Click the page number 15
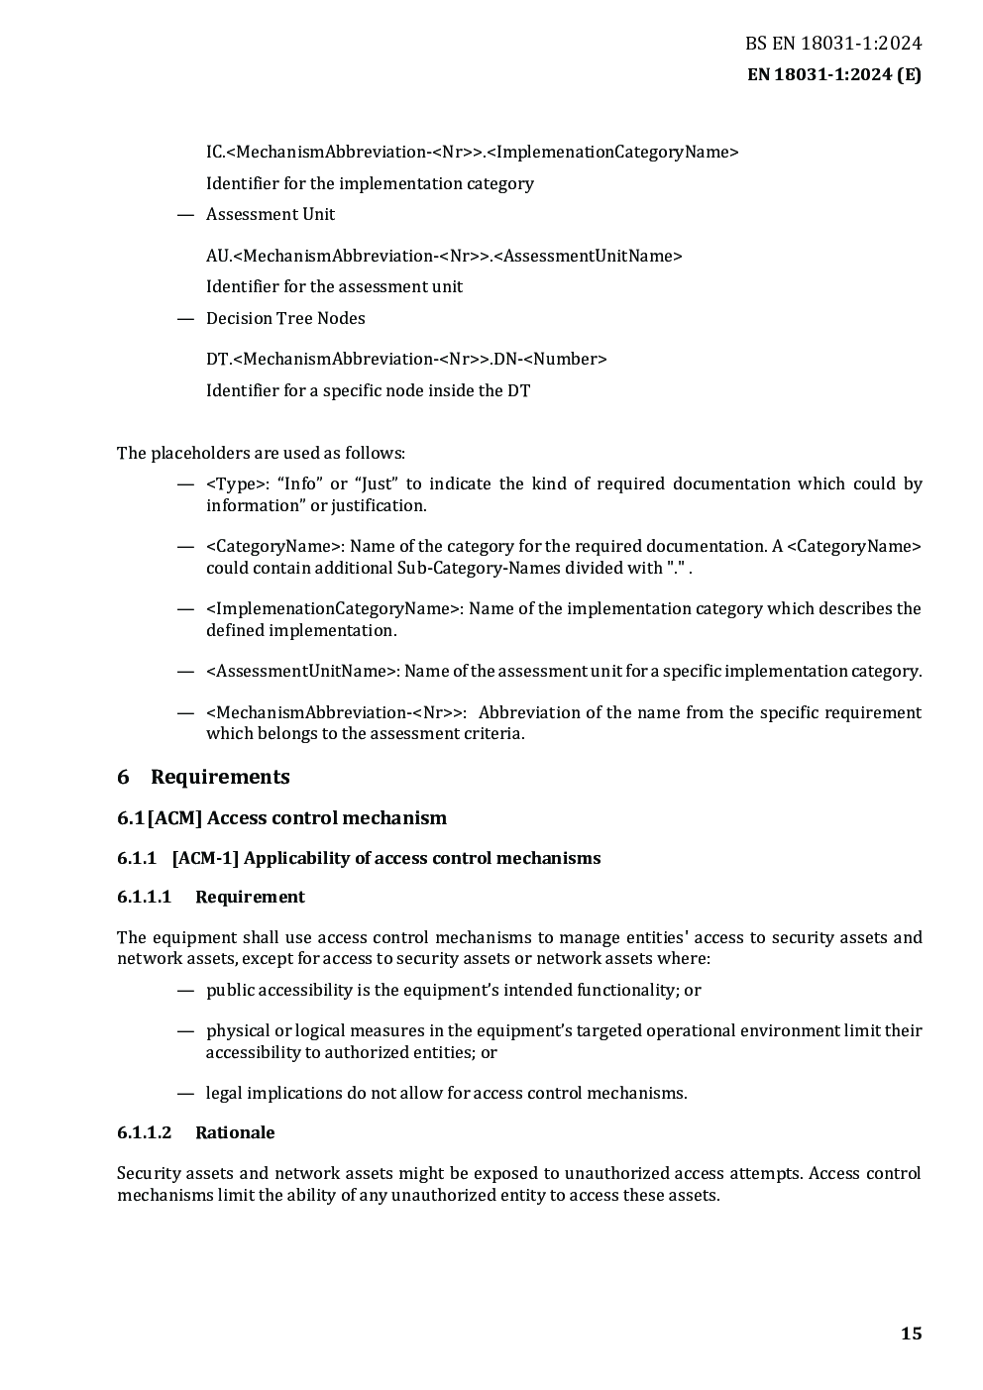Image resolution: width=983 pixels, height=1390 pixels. click(911, 1334)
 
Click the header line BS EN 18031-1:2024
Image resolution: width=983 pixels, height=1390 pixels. click(832, 44)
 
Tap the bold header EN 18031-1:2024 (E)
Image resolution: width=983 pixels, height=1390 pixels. click(832, 74)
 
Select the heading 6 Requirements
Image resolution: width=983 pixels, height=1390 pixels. click(203, 777)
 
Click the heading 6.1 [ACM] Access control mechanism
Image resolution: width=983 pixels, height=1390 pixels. click(281, 818)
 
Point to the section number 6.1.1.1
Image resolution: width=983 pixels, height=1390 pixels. click(144, 897)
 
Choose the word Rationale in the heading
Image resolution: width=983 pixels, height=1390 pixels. click(235, 1132)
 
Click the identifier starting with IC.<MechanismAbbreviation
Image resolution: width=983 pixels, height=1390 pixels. click(472, 152)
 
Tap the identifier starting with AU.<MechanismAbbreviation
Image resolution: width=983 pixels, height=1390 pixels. click(444, 256)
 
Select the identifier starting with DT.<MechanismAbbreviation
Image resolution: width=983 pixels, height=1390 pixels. click(406, 359)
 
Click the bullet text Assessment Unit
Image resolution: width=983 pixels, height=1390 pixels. click(271, 214)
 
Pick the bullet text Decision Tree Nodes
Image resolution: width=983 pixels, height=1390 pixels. click(285, 318)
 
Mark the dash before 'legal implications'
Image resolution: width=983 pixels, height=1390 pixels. click(184, 1093)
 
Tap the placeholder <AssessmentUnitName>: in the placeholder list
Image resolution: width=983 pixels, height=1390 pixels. click(303, 671)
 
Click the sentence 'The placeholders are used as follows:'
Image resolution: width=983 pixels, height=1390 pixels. click(261, 453)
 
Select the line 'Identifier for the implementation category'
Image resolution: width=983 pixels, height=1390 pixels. click(370, 183)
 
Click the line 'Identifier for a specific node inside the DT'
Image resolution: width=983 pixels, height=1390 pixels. click(368, 390)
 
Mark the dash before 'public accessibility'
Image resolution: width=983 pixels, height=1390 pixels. click(184, 990)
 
